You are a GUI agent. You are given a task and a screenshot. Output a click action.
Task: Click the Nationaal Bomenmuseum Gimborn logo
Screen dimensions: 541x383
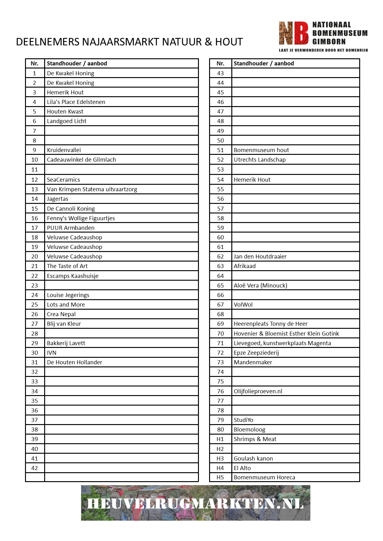tap(323, 36)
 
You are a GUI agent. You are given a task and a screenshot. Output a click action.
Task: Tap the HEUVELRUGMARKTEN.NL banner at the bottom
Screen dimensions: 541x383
tap(196, 503)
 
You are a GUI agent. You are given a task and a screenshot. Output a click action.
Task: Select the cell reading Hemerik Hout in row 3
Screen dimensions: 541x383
tap(65, 92)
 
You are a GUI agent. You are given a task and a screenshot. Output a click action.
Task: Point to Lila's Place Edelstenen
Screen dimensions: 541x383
tap(76, 102)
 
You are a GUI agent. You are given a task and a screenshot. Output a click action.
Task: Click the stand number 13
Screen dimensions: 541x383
tap(35, 189)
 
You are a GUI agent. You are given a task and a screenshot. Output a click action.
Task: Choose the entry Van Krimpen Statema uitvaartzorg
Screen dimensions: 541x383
tap(92, 189)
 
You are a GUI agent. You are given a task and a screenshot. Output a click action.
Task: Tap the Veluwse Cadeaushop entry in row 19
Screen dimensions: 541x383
tap(74, 247)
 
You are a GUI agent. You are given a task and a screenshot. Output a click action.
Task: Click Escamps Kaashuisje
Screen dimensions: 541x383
tap(73, 276)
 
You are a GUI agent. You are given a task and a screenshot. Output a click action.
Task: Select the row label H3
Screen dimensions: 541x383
tap(220, 458)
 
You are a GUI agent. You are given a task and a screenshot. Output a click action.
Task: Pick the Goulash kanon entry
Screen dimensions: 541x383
tap(253, 458)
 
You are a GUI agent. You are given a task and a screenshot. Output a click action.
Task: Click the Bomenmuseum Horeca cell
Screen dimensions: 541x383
tap(264, 477)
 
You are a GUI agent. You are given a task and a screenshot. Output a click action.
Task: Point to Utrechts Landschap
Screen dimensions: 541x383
tap(259, 159)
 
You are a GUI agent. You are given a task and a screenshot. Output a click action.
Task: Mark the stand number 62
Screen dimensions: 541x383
tap(220, 256)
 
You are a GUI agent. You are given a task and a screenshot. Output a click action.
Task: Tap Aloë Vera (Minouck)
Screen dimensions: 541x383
tap(260, 285)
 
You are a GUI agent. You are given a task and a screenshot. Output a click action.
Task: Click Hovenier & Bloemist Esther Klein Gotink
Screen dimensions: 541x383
tap(286, 333)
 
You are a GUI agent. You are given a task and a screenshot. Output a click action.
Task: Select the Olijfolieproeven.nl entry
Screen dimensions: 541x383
tap(258, 391)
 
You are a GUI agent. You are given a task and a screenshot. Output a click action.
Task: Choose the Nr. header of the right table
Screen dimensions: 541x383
tap(220, 63)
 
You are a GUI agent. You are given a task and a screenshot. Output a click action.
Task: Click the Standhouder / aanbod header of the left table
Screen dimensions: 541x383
tap(77, 63)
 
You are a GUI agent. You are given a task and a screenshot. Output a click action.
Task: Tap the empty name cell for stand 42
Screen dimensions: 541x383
tap(121, 468)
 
